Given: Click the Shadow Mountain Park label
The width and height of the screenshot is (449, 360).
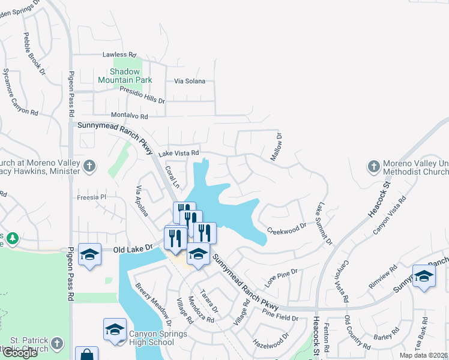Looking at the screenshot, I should [125, 76].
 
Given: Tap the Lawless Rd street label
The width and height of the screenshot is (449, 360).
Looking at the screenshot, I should [119, 54].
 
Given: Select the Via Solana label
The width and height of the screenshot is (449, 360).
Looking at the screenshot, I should [190, 81].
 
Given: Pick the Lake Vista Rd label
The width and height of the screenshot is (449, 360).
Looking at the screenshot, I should [178, 154].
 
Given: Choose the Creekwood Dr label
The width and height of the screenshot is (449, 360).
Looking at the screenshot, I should [286, 229].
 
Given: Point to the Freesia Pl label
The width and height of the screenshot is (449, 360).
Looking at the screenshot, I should [91, 197].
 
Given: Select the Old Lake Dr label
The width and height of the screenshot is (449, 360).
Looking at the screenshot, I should [130, 249].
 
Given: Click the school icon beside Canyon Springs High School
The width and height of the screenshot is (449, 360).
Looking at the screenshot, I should [115, 329].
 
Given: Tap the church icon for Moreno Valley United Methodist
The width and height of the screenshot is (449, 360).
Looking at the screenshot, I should [373, 166].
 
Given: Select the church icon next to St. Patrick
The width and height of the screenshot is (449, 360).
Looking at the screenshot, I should [56, 344].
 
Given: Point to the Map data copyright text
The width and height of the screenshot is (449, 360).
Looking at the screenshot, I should [423, 355].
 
